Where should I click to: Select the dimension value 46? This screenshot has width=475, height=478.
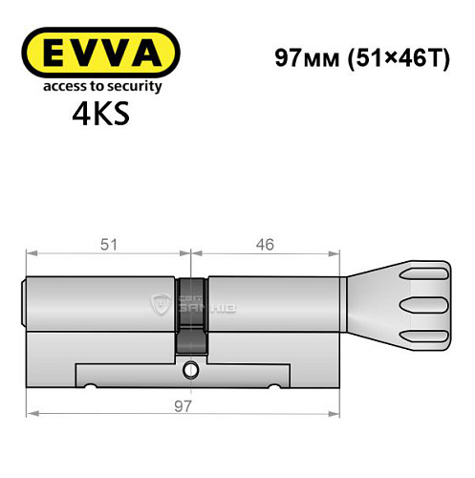point(265,245)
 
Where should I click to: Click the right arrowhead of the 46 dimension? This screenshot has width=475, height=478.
point(336,254)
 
